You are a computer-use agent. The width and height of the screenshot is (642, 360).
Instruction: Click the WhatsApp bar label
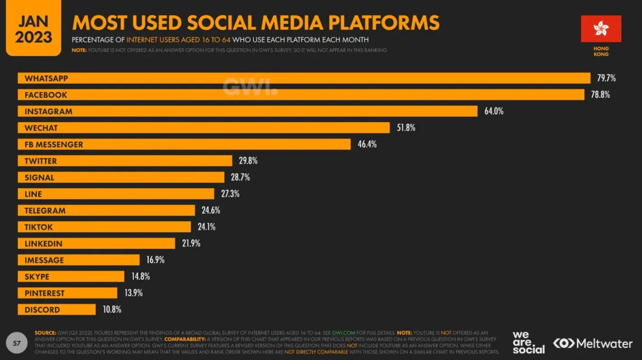click(x=46, y=78)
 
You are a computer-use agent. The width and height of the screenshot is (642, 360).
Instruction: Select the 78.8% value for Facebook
click(x=600, y=95)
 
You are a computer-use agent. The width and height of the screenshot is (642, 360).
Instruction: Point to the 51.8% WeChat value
click(x=406, y=128)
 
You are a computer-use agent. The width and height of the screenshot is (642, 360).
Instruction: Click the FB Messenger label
click(x=54, y=144)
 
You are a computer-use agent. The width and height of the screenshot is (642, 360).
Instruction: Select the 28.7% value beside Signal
click(x=240, y=178)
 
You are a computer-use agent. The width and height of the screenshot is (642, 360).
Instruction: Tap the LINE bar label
click(x=33, y=194)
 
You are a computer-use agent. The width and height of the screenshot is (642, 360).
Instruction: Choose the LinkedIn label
click(x=43, y=244)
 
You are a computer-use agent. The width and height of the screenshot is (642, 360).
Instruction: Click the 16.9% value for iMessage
click(x=155, y=260)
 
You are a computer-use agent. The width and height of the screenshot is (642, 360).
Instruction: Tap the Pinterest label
click(x=44, y=293)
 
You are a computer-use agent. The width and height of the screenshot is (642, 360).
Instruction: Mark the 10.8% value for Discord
click(x=112, y=310)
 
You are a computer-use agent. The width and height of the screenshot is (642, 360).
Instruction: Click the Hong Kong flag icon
click(x=601, y=29)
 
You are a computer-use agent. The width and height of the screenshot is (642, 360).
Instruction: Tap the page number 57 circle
click(x=17, y=343)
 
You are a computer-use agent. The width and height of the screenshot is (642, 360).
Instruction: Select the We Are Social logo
click(x=528, y=342)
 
